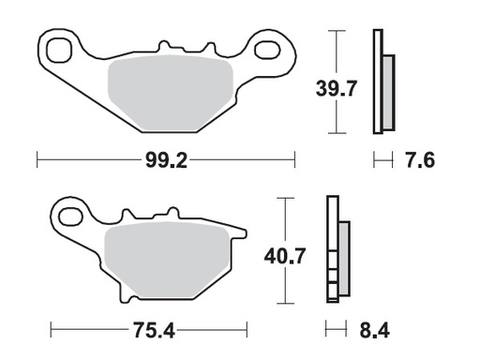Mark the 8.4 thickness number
coord(375,329)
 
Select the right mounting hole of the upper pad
coord(272,49)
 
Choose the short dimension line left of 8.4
coord(334,329)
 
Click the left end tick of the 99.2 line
coord(37,160)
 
